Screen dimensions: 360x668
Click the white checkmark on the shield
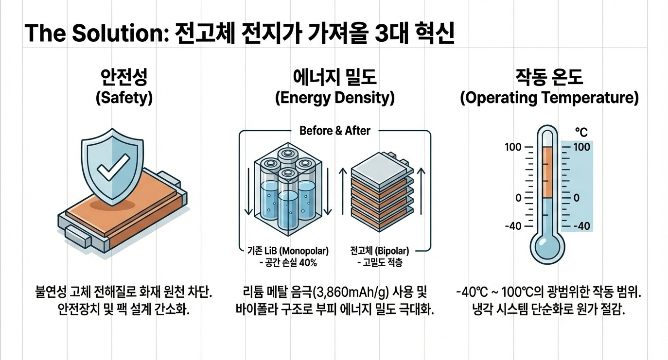pyautogui.click(x=113, y=166)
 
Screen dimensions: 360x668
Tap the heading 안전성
pyautogui.click(x=124, y=77)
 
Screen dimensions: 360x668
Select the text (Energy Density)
pyautogui.click(x=334, y=98)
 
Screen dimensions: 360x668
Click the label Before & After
pyautogui.click(x=334, y=130)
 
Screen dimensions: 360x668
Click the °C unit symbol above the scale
pyautogui.click(x=581, y=132)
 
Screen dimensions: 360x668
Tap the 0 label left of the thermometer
pyautogui.click(x=518, y=198)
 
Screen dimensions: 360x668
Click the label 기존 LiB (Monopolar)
pyautogui.click(x=285, y=252)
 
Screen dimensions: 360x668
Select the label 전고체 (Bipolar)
pyautogui.click(x=379, y=252)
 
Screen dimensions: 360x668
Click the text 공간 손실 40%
pyautogui.click(x=288, y=263)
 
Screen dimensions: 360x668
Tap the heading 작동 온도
pyautogui.click(x=549, y=77)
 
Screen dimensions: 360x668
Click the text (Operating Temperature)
pyautogui.click(x=549, y=98)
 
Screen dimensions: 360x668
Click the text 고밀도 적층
pyautogui.click(x=382, y=263)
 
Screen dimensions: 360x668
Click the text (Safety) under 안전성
pyautogui.click(x=124, y=98)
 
